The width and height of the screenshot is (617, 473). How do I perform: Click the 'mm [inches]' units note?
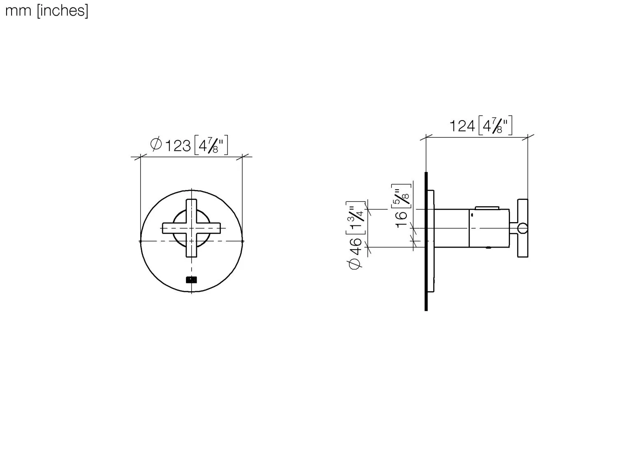[x=46, y=11]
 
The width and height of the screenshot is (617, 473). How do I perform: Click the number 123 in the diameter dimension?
[x=178, y=146]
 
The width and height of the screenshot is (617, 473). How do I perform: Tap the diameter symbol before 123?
[x=156, y=144]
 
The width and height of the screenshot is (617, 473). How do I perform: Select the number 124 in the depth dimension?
[x=462, y=126]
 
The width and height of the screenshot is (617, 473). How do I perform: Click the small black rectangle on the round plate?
[x=191, y=280]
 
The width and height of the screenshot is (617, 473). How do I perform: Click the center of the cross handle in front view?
[x=192, y=228]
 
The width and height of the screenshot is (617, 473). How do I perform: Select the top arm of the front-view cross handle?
[x=192, y=210]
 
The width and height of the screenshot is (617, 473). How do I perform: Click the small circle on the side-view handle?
[x=522, y=228]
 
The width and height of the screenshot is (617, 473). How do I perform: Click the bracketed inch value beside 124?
[x=496, y=126]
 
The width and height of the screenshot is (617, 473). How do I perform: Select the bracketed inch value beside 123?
[x=211, y=146]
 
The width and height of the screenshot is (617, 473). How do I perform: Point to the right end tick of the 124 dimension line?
[x=528, y=137]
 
